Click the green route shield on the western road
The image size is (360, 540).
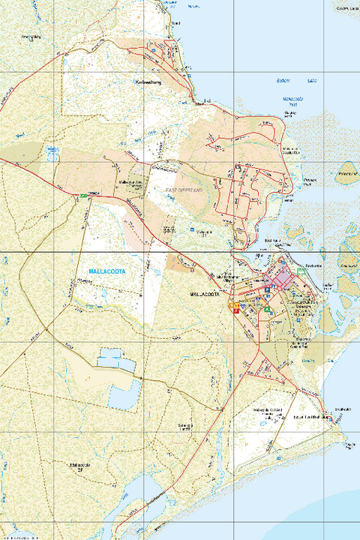tap(83, 196)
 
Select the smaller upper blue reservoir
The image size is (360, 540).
tap(116, 361)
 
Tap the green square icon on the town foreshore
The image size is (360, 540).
tap(301, 269)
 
